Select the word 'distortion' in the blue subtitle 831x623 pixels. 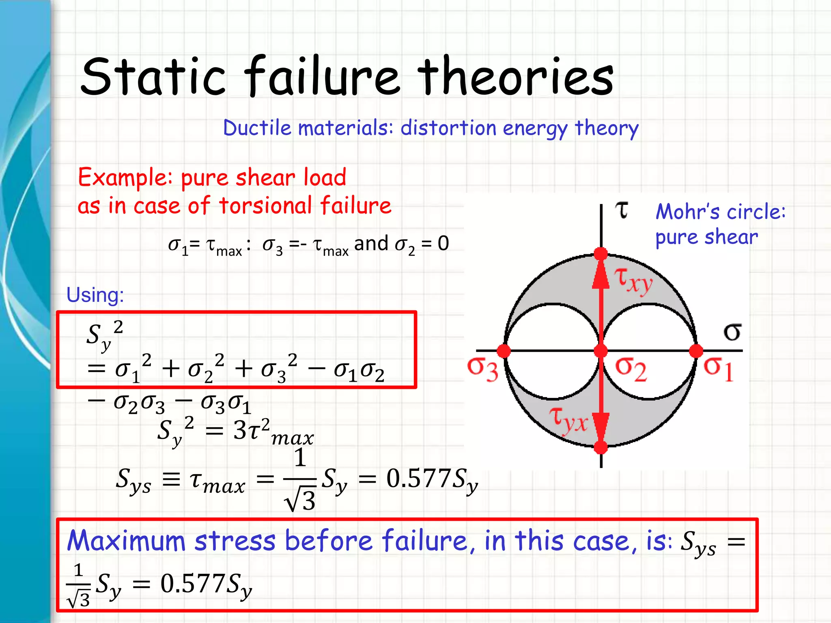click(x=448, y=128)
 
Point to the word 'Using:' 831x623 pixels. click(x=95, y=295)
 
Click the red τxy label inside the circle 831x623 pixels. click(x=633, y=280)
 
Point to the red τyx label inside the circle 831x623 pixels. click(x=568, y=420)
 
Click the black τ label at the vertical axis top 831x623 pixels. click(x=622, y=210)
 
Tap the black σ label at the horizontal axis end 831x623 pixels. click(x=732, y=332)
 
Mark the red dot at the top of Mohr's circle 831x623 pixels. click(x=601, y=254)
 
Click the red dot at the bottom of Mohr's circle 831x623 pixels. click(x=601, y=447)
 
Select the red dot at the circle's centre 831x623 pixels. click(x=601, y=351)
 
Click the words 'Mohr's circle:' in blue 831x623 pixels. click(x=721, y=212)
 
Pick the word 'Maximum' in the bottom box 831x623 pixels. click(x=126, y=541)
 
